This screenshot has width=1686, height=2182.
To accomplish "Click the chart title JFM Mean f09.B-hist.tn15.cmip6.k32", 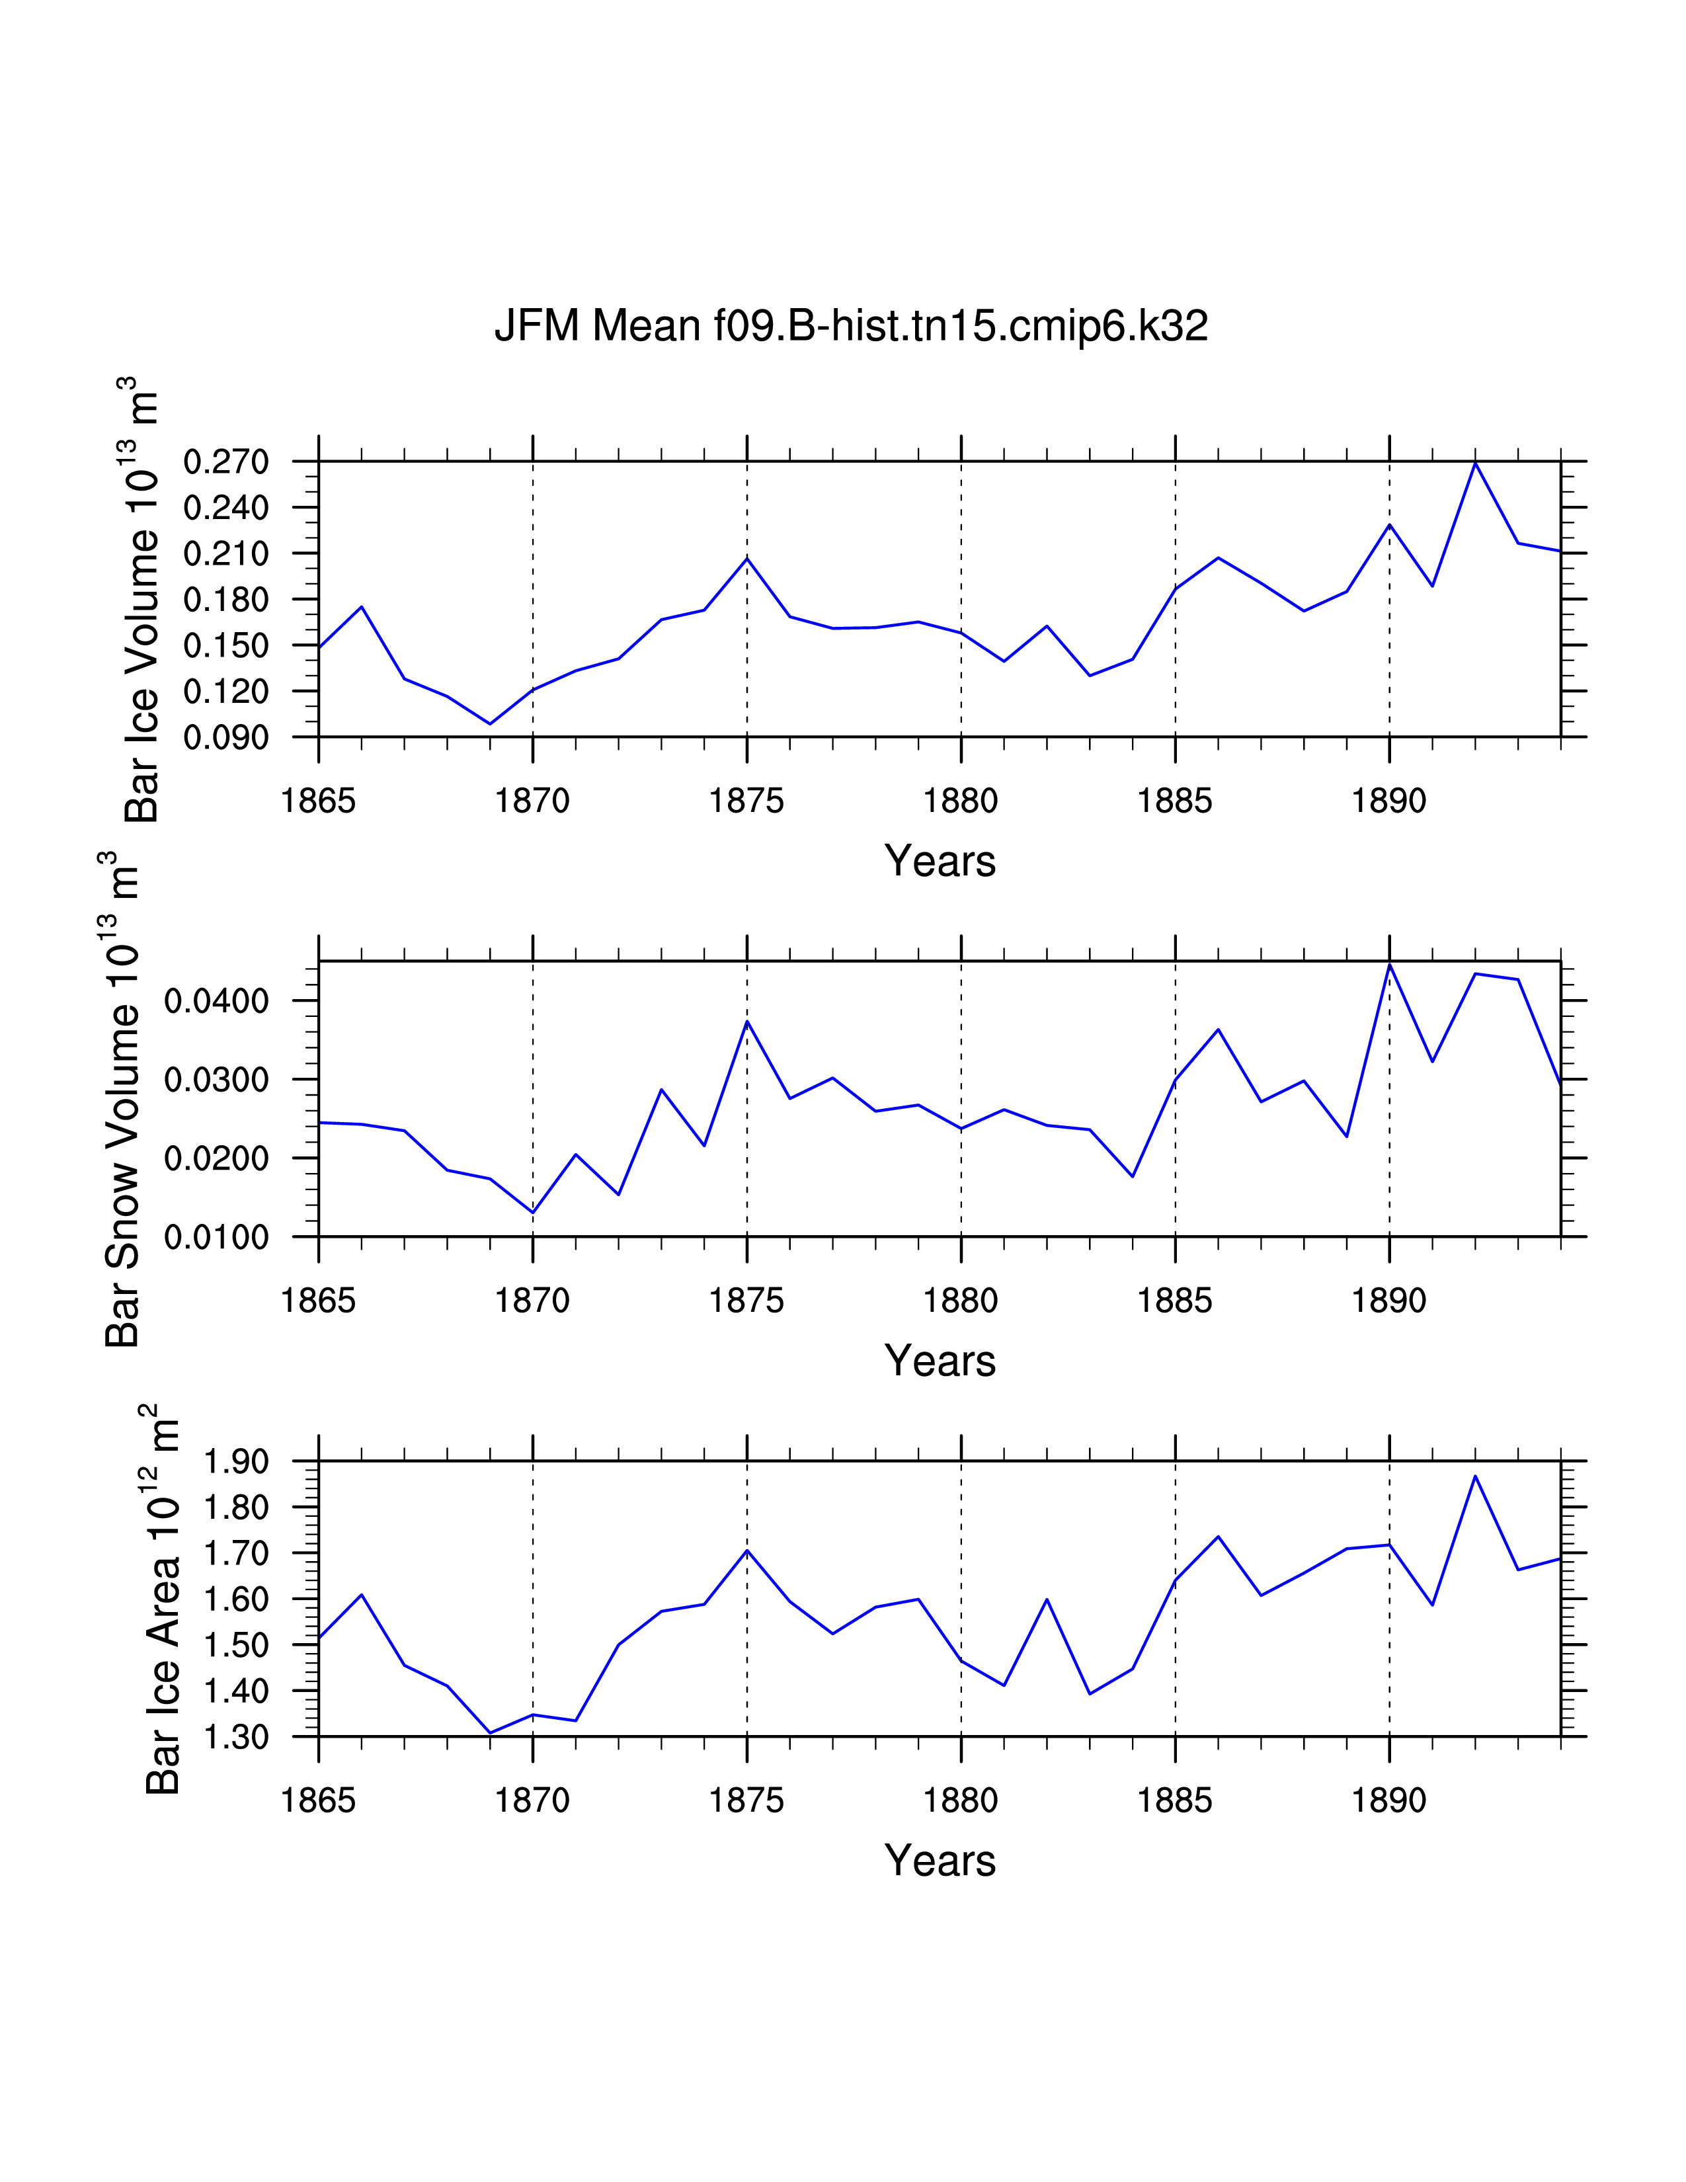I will (851, 327).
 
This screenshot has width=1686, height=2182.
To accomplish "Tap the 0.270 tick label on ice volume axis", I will (227, 463).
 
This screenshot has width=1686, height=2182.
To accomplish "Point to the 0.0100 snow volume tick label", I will (217, 1237).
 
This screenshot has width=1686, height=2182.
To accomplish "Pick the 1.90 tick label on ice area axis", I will (237, 1462).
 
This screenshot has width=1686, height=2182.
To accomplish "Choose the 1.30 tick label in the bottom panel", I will (237, 1738).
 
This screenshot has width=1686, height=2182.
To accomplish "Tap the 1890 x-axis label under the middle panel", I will (1388, 1301).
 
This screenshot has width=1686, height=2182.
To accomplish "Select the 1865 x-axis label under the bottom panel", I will (319, 1800).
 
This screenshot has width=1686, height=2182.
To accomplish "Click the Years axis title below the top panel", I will (940, 861).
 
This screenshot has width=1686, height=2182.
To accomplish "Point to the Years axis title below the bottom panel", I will (940, 1860).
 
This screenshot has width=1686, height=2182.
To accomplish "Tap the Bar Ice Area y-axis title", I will (162, 1599).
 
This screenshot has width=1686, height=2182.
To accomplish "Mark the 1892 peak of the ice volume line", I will (1474, 464).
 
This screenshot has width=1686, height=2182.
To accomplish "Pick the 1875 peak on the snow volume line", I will (747, 1021).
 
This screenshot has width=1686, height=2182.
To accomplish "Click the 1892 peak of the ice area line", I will (1474, 1476).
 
